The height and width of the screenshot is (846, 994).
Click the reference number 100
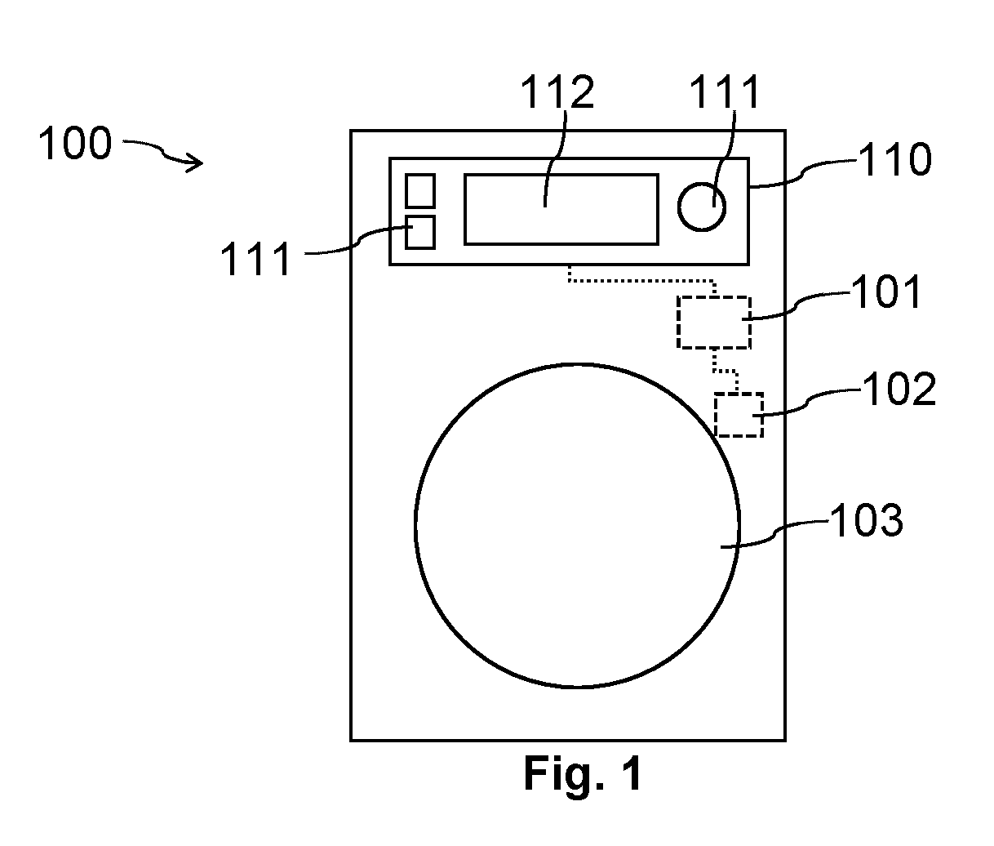coord(75,143)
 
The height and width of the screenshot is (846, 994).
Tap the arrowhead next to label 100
coord(196,163)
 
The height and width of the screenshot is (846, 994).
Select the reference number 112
coord(557,92)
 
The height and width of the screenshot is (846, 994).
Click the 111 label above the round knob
coord(724,92)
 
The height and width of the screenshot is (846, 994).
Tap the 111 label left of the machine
coord(255,258)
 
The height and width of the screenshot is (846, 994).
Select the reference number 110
coord(895,159)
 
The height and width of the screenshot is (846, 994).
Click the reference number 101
coord(886,292)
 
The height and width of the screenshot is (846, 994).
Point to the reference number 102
coord(899,389)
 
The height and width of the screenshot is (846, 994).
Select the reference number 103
coord(867,520)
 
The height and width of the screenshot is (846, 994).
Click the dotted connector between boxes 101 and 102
coord(726,371)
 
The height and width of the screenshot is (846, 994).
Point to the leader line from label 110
coord(804,174)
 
